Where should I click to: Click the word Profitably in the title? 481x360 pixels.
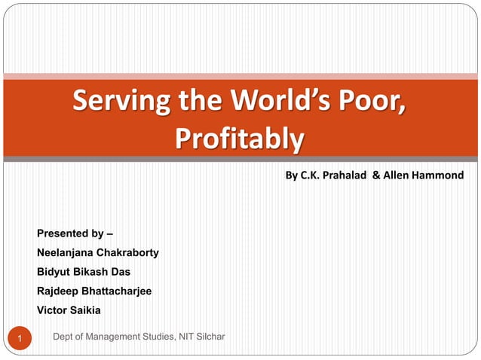point(239,139)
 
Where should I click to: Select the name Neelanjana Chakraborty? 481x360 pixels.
point(97,252)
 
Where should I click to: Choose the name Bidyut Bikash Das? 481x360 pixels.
point(84,271)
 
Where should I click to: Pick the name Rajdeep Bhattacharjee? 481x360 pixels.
point(94,291)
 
